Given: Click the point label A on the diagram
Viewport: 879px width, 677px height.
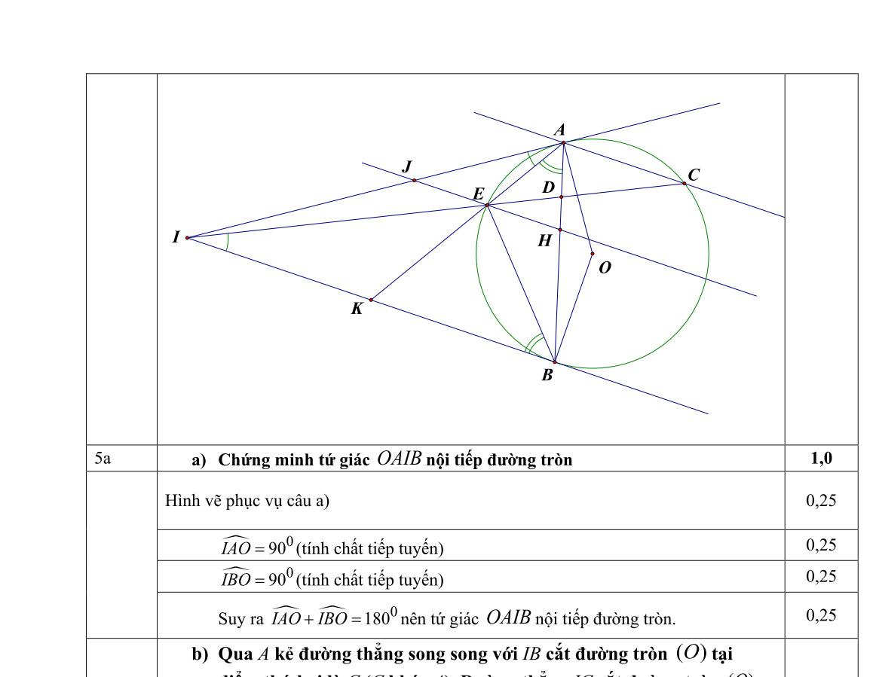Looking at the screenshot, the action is (x=559, y=130).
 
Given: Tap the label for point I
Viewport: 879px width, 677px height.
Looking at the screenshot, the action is (x=176, y=237).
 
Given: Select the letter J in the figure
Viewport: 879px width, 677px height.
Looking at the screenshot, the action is (x=408, y=166).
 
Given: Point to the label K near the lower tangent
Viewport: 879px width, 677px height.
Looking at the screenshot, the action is (x=357, y=308).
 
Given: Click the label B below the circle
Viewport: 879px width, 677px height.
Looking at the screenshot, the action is (x=547, y=375).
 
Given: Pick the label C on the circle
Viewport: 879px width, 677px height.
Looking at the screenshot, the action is (x=694, y=175).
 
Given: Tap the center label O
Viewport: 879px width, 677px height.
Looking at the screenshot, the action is (x=605, y=267).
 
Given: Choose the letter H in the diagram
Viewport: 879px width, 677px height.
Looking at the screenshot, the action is (x=544, y=241).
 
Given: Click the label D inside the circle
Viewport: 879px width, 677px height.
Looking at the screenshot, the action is (x=548, y=187).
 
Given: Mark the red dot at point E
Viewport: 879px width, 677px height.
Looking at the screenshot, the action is (x=488, y=205).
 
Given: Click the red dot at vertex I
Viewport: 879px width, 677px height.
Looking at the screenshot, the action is (x=187, y=238).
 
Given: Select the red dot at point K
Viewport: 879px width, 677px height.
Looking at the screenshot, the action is (x=371, y=300).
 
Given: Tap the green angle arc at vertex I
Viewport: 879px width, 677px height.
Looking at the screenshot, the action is (x=228, y=241).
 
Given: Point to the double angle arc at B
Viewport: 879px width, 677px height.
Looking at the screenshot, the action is (x=534, y=343).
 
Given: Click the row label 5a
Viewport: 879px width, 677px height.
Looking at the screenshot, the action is (x=103, y=458).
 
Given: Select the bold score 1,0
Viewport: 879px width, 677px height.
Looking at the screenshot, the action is (x=821, y=458).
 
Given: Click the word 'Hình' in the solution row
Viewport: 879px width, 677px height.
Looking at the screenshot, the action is (x=179, y=501).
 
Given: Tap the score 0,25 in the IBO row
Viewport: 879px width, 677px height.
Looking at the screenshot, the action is (x=821, y=576).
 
